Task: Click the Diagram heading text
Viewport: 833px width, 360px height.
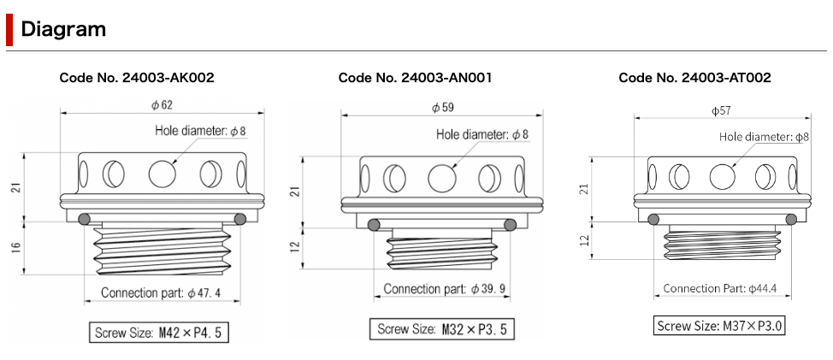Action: (63, 29)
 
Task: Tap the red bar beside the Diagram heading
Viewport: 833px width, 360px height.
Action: (9, 30)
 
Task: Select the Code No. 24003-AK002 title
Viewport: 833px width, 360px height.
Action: (137, 78)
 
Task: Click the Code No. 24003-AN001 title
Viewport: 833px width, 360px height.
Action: (415, 78)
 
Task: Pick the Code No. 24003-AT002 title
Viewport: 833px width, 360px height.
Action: (694, 78)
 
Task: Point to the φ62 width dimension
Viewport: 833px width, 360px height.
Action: (162, 105)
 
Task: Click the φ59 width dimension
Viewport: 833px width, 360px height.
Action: (443, 108)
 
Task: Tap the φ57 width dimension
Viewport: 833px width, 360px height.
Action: (722, 110)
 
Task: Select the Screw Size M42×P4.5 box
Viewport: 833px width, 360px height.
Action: (159, 333)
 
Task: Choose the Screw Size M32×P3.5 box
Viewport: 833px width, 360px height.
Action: (442, 328)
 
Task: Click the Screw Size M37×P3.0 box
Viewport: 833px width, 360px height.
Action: (718, 325)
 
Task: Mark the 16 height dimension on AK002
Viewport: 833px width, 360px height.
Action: (16, 247)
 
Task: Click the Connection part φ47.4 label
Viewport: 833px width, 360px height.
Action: (161, 292)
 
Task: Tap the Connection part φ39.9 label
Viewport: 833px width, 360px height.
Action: (444, 289)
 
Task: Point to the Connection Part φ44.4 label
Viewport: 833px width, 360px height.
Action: (720, 288)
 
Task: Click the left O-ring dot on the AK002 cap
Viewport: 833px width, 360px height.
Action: (84, 219)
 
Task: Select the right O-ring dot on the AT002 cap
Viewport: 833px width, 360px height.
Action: (791, 219)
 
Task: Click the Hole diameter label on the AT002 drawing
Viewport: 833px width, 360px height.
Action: (764, 137)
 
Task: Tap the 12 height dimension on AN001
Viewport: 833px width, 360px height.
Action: (297, 246)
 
